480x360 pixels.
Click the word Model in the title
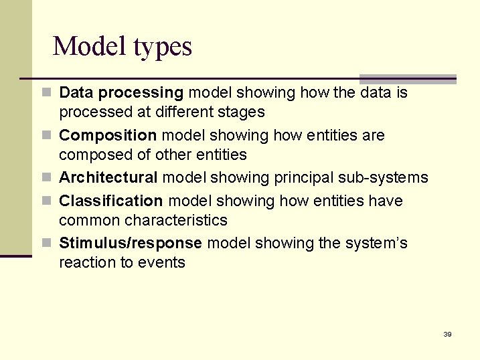[x=90, y=46]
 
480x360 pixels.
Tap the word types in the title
[x=163, y=48]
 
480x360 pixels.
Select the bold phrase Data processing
[x=121, y=92]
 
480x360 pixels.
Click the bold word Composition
[x=108, y=135]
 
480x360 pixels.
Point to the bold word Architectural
[x=108, y=177]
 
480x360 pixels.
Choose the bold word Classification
[x=111, y=201]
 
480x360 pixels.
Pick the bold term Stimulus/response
[x=131, y=243]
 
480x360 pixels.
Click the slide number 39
[x=447, y=334]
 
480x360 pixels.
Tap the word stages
[x=242, y=112]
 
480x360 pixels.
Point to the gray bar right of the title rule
[x=408, y=79]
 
